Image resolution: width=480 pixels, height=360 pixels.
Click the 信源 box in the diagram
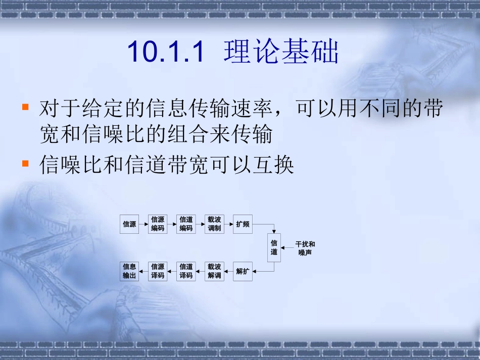[129, 224]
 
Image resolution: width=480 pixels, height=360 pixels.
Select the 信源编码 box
[158, 224]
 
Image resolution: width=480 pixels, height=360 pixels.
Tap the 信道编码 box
[186, 224]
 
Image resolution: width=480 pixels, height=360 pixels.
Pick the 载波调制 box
[214, 224]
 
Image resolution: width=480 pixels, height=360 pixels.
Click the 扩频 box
[243, 224]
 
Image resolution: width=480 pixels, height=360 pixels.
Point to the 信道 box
[274, 248]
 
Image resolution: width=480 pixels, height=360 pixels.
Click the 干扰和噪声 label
[305, 248]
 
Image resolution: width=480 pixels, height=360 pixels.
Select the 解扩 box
[243, 272]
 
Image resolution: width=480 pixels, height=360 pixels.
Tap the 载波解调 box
[214, 272]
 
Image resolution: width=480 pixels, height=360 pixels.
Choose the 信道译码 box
[186, 272]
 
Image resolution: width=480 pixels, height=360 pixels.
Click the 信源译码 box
[158, 272]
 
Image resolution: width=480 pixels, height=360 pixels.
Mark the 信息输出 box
[129, 272]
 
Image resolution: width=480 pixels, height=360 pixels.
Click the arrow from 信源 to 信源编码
[143, 224]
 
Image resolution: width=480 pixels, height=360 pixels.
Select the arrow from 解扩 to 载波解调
[228, 272]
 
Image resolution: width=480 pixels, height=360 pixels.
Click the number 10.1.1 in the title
[166, 52]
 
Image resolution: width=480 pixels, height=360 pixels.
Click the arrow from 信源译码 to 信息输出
[143, 272]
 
